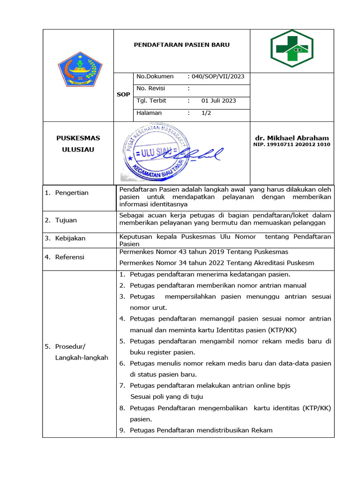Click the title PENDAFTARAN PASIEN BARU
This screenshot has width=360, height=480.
coord(182,45)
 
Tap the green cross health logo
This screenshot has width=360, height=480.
coord(292,49)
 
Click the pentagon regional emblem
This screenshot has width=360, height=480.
coord(79,69)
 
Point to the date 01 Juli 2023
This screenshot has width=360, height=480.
coord(218,101)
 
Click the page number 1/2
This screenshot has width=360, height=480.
coord(206,113)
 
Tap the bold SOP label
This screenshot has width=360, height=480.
coord(123,95)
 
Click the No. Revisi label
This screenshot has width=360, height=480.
coord(150,89)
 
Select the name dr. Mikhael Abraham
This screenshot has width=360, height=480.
coord(292,138)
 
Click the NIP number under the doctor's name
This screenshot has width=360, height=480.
coord(292,144)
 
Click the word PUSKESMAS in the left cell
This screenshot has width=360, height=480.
coord(78,138)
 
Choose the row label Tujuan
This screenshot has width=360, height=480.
coord(66,220)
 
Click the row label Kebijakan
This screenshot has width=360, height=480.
coord(70,238)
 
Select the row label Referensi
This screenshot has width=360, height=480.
coord(69,257)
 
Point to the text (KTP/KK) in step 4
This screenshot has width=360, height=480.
coord(280,330)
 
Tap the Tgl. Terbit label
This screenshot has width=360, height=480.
coord(151,101)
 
